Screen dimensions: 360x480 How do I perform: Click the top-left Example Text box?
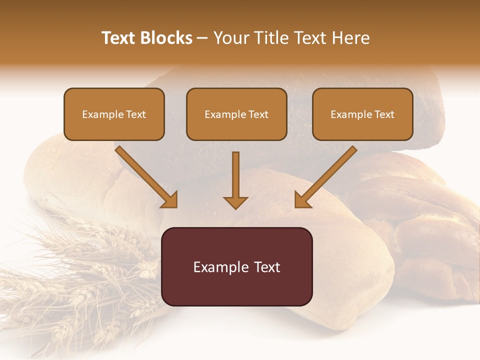click(x=114, y=114)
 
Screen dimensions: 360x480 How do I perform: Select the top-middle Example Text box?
click(x=236, y=114)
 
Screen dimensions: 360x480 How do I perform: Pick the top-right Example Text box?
click(x=362, y=114)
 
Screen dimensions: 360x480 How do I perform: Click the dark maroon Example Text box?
click(x=237, y=267)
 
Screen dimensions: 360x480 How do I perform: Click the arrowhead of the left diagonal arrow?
click(x=169, y=200)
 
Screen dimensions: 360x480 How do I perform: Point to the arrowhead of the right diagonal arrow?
click(x=302, y=200)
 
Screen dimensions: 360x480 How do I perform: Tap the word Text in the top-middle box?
click(x=258, y=114)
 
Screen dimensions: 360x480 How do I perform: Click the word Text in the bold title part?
click(x=118, y=38)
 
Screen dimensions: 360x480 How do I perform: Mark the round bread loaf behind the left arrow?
click(x=70, y=175)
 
